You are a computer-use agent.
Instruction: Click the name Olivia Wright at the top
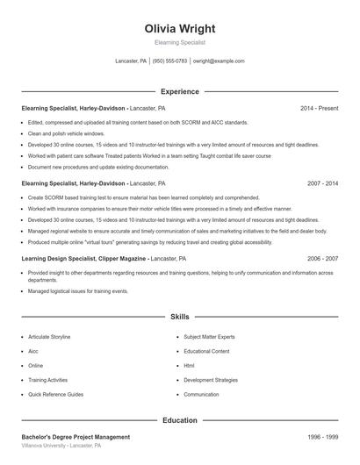click(x=179, y=28)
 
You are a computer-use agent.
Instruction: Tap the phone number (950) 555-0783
click(x=169, y=61)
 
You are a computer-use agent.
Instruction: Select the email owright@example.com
click(x=219, y=61)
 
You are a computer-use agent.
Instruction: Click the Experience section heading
click(x=179, y=91)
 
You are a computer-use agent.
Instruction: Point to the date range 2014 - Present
click(x=319, y=108)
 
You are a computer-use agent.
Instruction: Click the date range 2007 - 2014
click(x=323, y=184)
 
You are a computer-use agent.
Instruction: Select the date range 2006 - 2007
click(x=323, y=260)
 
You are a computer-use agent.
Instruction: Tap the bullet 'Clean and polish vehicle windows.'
click(x=66, y=133)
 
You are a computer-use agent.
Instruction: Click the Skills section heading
click(x=179, y=316)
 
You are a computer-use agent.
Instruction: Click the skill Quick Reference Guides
click(x=55, y=395)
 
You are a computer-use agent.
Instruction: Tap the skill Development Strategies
click(x=211, y=380)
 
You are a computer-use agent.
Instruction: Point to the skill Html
click(x=189, y=366)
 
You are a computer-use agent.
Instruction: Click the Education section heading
click(x=179, y=420)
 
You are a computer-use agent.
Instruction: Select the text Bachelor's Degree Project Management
click(x=76, y=437)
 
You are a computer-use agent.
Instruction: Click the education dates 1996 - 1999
click(x=323, y=437)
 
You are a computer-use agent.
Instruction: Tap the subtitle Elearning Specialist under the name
click(x=179, y=42)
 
